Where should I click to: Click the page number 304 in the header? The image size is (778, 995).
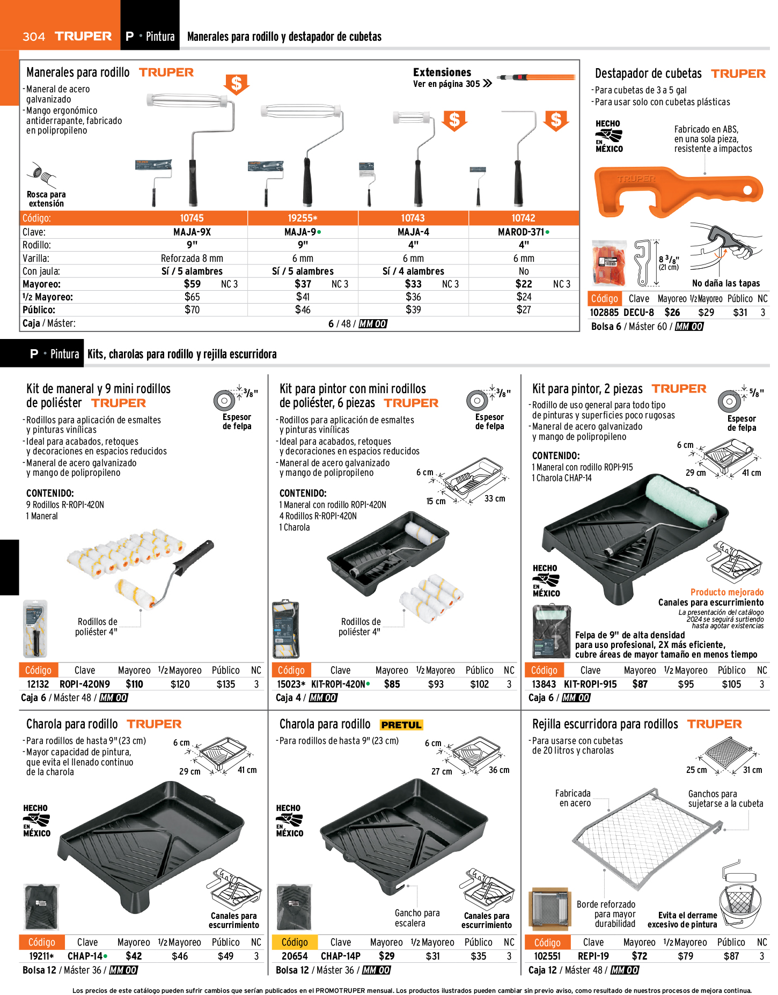point(34,36)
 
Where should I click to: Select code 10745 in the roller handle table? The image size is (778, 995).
point(192,218)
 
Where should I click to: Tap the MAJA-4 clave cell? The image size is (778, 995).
point(413,232)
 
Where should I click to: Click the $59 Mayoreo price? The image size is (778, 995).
point(192,284)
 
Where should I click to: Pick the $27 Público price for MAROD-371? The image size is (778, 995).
point(524,309)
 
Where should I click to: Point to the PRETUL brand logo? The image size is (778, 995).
point(401,725)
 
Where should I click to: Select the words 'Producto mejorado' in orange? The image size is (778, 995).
point(727,592)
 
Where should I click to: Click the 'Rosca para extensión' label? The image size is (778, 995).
point(46,199)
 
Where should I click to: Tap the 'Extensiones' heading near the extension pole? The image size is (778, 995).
point(442,72)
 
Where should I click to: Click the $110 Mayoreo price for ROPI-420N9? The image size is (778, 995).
point(134,684)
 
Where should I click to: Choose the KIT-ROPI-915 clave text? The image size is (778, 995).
point(590,684)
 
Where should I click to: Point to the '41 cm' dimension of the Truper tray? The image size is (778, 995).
point(247,770)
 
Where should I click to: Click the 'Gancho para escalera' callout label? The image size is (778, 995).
point(417,918)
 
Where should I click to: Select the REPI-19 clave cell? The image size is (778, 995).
point(593,956)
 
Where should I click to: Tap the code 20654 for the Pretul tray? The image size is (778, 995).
point(295,956)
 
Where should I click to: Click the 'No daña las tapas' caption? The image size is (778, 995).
point(726,283)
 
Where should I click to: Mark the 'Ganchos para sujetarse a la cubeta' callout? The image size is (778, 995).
point(725,799)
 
